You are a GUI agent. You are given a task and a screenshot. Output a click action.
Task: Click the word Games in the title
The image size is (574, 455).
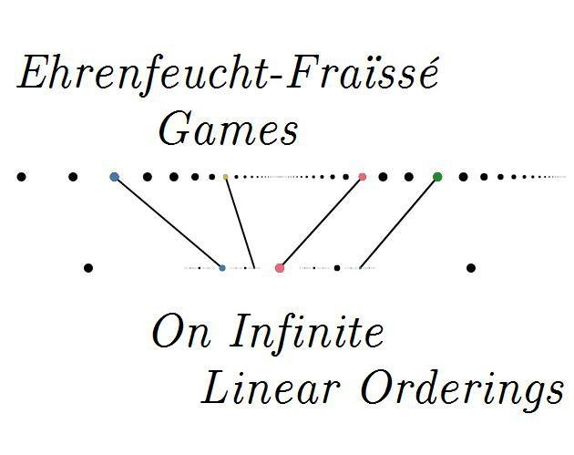coord(229,129)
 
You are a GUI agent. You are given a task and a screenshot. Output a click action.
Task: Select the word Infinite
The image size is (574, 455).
coord(307,332)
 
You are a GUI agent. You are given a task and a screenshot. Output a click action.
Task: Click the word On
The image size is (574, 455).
coord(182,332)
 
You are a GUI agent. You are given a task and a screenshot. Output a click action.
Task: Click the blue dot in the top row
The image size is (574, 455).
coord(114,177)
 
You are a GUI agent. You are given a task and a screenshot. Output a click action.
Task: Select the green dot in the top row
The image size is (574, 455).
coord(437,177)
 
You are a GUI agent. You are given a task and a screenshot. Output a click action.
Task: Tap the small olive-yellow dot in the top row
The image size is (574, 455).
coord(226,177)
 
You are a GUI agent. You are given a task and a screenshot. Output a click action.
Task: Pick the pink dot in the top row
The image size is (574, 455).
coord(363,177)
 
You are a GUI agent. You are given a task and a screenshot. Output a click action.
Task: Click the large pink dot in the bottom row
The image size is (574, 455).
coord(280,268)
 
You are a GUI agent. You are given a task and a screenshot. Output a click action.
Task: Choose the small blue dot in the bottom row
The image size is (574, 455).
coord(222,268)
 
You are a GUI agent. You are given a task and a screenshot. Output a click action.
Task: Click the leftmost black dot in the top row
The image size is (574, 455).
coord(22,177)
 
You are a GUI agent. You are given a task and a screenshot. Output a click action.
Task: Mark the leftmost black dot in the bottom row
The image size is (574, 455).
coord(88,268)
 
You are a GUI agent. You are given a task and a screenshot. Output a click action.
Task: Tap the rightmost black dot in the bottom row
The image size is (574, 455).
coord(471,268)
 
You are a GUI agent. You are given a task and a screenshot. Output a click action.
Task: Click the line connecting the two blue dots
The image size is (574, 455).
coord(169,222)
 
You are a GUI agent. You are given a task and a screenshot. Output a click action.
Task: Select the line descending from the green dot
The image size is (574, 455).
coord(399,222)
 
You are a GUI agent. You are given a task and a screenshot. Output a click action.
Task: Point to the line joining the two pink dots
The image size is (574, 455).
coord(321,222)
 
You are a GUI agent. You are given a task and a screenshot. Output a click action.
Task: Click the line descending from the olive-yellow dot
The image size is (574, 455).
coord(240,222)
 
